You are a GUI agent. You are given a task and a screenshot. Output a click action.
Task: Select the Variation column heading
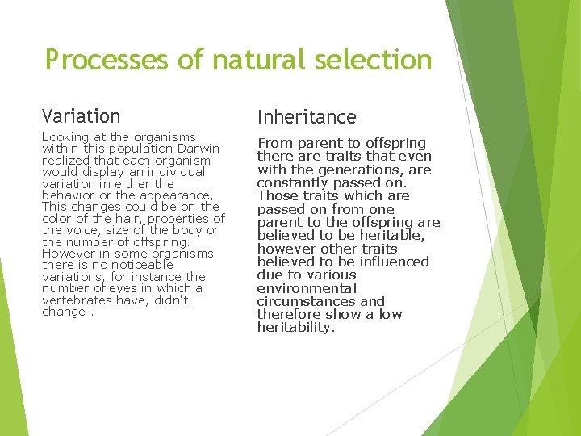click(81, 116)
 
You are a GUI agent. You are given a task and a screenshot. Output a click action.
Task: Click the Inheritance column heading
click(307, 117)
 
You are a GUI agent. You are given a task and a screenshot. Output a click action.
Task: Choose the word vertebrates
click(77, 300)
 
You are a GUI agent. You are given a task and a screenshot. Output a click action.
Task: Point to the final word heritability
click(295, 327)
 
